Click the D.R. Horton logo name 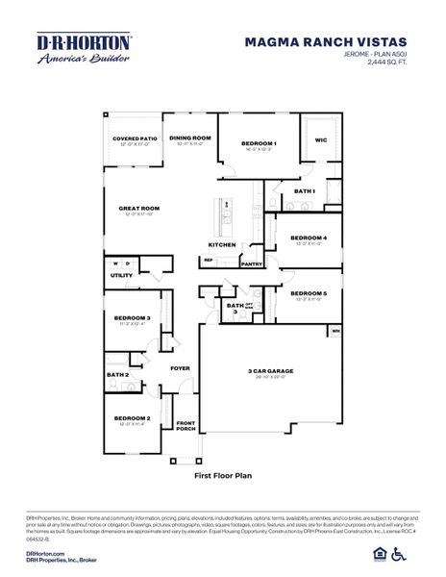(x=71, y=41)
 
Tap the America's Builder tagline (x=71, y=60)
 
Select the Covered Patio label (x=134, y=138)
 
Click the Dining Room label (x=189, y=138)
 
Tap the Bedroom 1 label (x=259, y=143)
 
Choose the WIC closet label (x=321, y=139)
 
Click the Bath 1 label (x=305, y=191)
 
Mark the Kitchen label (x=222, y=244)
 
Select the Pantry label (x=252, y=263)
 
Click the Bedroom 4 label (x=309, y=238)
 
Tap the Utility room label (x=121, y=275)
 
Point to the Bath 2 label (x=117, y=374)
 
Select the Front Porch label (x=186, y=426)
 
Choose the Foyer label (x=180, y=367)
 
